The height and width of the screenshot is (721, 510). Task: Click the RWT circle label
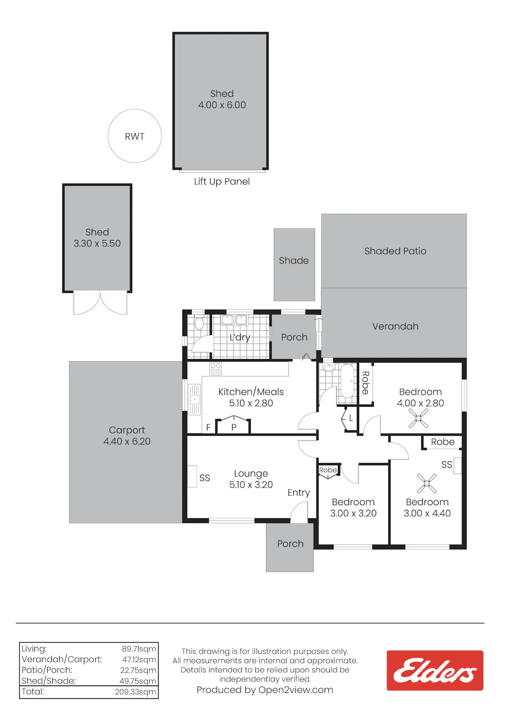(134, 136)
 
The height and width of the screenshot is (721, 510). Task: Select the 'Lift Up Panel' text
(221, 181)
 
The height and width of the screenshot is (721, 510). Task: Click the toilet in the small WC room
(199, 323)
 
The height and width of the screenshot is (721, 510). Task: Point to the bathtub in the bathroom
(347, 381)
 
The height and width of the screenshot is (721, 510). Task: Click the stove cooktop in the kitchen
(215, 368)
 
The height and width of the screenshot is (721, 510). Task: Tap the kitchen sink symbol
(194, 399)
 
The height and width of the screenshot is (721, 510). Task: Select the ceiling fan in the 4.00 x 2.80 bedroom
(418, 418)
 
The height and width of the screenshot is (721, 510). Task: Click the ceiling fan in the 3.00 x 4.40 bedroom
(427, 483)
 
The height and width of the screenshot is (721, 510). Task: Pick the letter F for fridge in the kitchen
(208, 427)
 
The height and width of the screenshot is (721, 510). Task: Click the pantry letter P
(234, 427)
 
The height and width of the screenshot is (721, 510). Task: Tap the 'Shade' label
(294, 260)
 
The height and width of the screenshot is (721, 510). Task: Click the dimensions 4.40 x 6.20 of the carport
(127, 441)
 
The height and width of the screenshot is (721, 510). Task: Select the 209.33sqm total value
(135, 692)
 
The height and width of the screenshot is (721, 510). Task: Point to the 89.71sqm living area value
(139, 649)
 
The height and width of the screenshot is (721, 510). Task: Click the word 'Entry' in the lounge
(298, 493)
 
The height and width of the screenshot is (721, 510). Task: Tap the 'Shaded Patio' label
(395, 251)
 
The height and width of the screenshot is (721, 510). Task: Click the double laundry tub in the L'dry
(234, 320)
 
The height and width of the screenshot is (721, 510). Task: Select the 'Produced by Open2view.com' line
(265, 690)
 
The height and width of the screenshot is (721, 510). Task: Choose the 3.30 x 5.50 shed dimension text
(97, 243)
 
